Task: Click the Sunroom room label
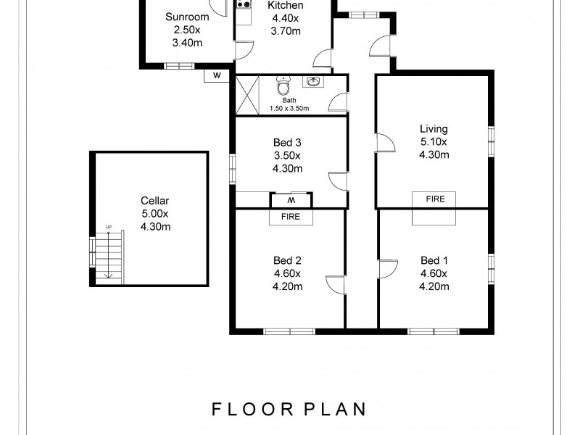(186, 17)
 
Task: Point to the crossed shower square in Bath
(247, 95)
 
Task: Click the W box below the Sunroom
(217, 75)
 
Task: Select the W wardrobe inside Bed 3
(291, 200)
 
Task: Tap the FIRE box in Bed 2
(291, 216)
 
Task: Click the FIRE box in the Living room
(435, 199)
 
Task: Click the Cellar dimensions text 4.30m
(154, 226)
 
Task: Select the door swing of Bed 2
(335, 284)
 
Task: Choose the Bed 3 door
(337, 181)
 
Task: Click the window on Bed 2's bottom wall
(288, 331)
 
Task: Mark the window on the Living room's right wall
(492, 141)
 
